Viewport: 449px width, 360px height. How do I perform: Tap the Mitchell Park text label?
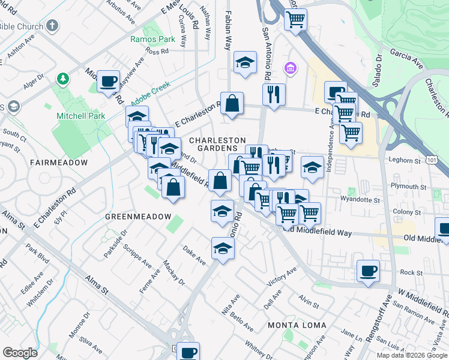[x=81, y=116]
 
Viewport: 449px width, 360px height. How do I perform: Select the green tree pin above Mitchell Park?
[x=62, y=79]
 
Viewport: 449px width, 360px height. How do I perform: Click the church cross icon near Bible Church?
[x=53, y=26]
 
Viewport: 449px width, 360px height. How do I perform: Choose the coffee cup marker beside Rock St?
[x=368, y=271]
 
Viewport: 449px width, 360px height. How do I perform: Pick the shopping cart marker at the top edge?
[x=295, y=19]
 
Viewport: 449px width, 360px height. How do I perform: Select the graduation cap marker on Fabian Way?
[x=244, y=62]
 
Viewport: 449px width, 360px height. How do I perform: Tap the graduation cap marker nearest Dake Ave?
[x=222, y=249]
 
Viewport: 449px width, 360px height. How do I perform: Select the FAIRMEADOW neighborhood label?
[x=58, y=163]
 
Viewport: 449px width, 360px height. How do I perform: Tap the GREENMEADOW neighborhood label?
[x=134, y=216]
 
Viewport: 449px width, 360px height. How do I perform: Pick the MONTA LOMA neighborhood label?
[x=297, y=325]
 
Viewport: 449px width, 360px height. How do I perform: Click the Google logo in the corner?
[x=20, y=352]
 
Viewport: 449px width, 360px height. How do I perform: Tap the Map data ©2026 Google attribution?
[x=411, y=355]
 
